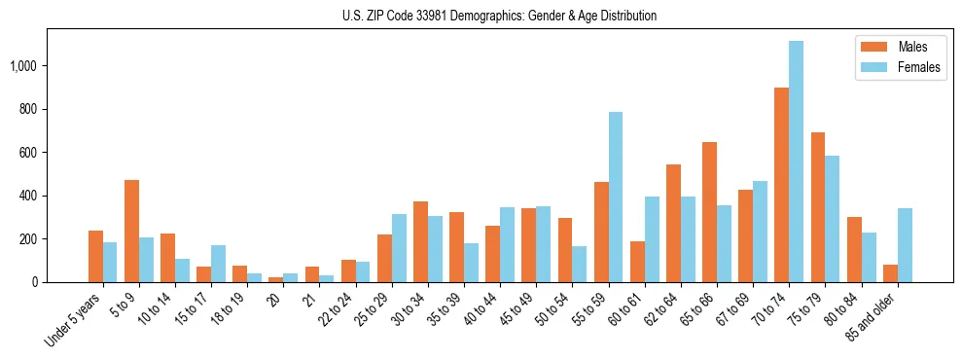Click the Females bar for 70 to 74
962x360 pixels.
point(796,162)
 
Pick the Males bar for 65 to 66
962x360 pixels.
point(709,212)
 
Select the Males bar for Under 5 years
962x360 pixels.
point(95,256)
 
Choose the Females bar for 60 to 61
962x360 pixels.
point(652,239)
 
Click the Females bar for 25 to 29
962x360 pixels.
point(399,248)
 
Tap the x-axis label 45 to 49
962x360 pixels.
point(517,311)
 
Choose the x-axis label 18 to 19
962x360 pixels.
point(229,311)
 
